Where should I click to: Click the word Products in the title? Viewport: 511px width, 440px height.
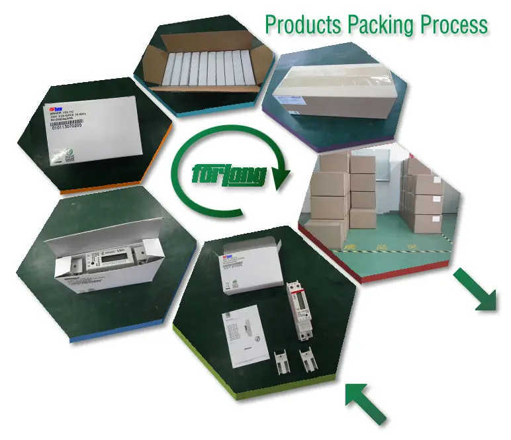coord(301,25)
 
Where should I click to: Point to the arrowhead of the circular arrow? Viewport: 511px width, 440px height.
coord(281,177)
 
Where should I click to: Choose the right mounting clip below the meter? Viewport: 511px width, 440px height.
coord(307,363)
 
